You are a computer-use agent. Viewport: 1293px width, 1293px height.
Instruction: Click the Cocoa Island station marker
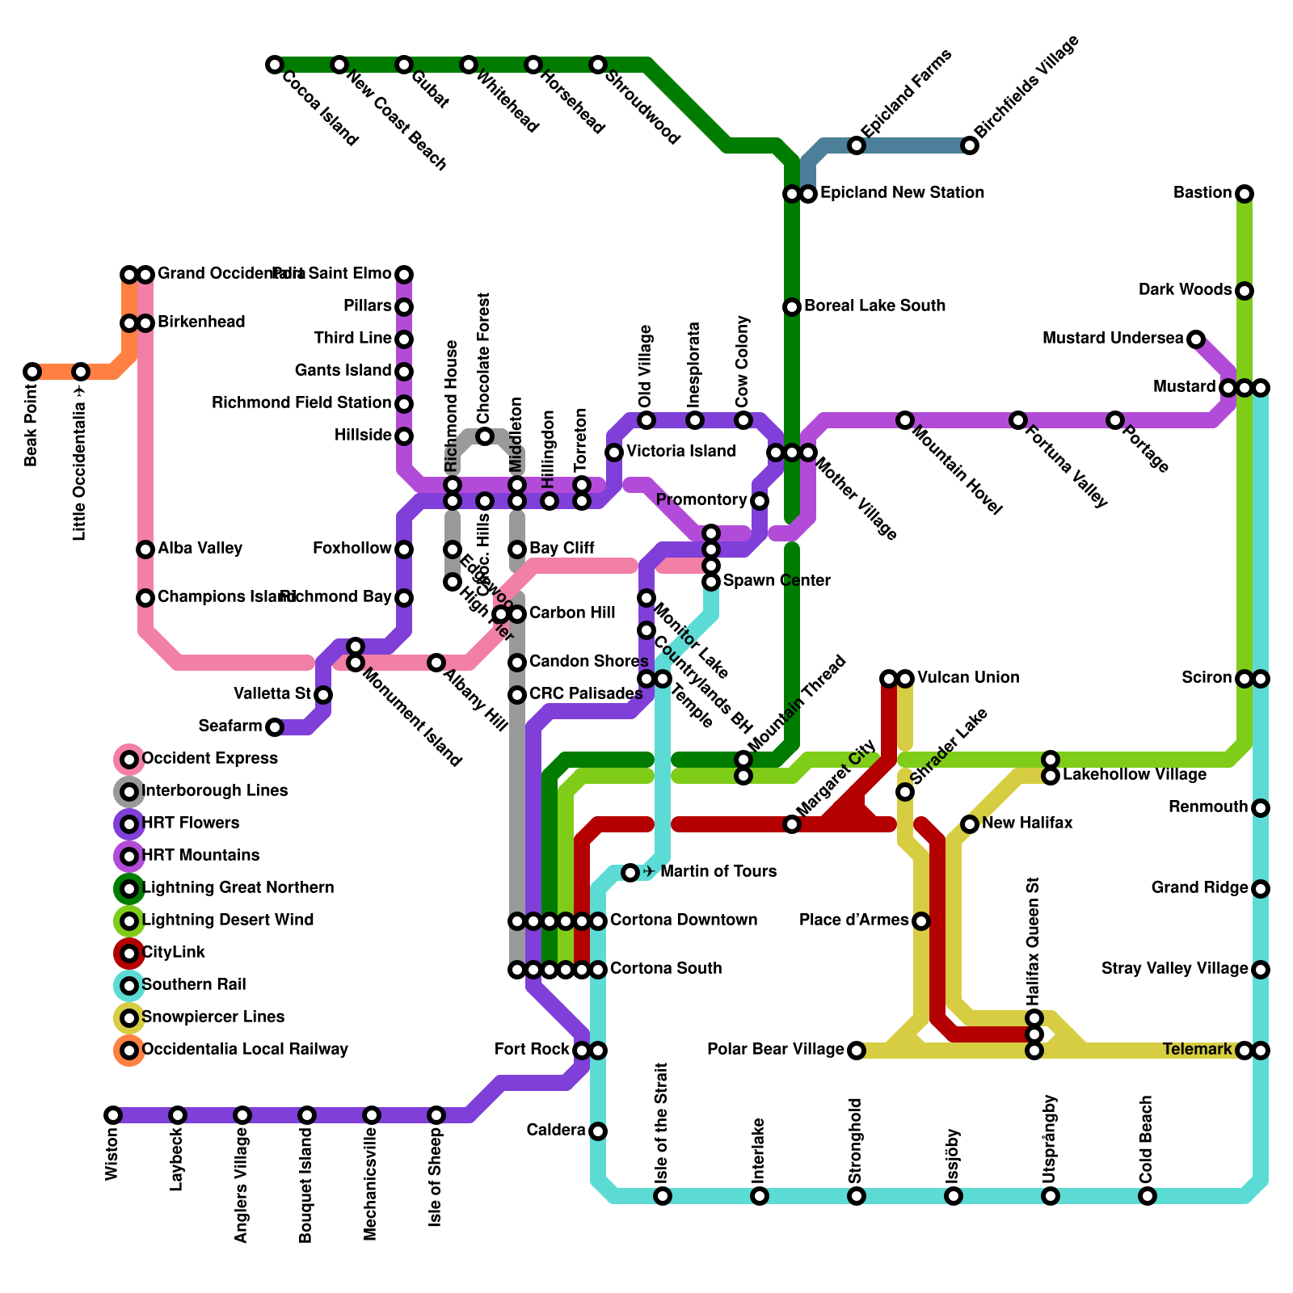275,65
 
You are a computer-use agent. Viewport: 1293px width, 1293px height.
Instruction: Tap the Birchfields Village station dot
970,145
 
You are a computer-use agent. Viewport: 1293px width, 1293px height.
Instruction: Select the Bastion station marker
1245,194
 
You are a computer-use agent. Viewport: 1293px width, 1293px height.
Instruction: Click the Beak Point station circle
32,372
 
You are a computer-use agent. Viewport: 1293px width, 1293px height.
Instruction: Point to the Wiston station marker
113,1115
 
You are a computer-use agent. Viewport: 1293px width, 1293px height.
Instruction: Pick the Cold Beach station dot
1148,1196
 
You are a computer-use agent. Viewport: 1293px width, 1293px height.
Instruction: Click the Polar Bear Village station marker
857,1051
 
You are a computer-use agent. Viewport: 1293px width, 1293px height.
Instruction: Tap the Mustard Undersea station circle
1196,339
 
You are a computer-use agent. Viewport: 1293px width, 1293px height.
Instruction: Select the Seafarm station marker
275,727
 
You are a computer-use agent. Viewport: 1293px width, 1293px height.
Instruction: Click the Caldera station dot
598,1131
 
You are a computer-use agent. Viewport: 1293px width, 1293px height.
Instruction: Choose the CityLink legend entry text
174,953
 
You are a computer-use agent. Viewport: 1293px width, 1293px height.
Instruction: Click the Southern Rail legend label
194,985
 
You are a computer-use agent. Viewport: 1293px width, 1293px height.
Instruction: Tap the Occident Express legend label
209,759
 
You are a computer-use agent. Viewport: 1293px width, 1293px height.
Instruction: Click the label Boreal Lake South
874,306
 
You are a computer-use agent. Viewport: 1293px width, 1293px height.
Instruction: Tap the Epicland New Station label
902,193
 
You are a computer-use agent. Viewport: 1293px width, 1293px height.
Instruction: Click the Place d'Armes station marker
921,921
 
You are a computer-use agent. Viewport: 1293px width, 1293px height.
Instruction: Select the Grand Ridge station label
1199,888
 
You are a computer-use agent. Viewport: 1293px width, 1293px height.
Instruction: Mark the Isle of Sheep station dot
436,1115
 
